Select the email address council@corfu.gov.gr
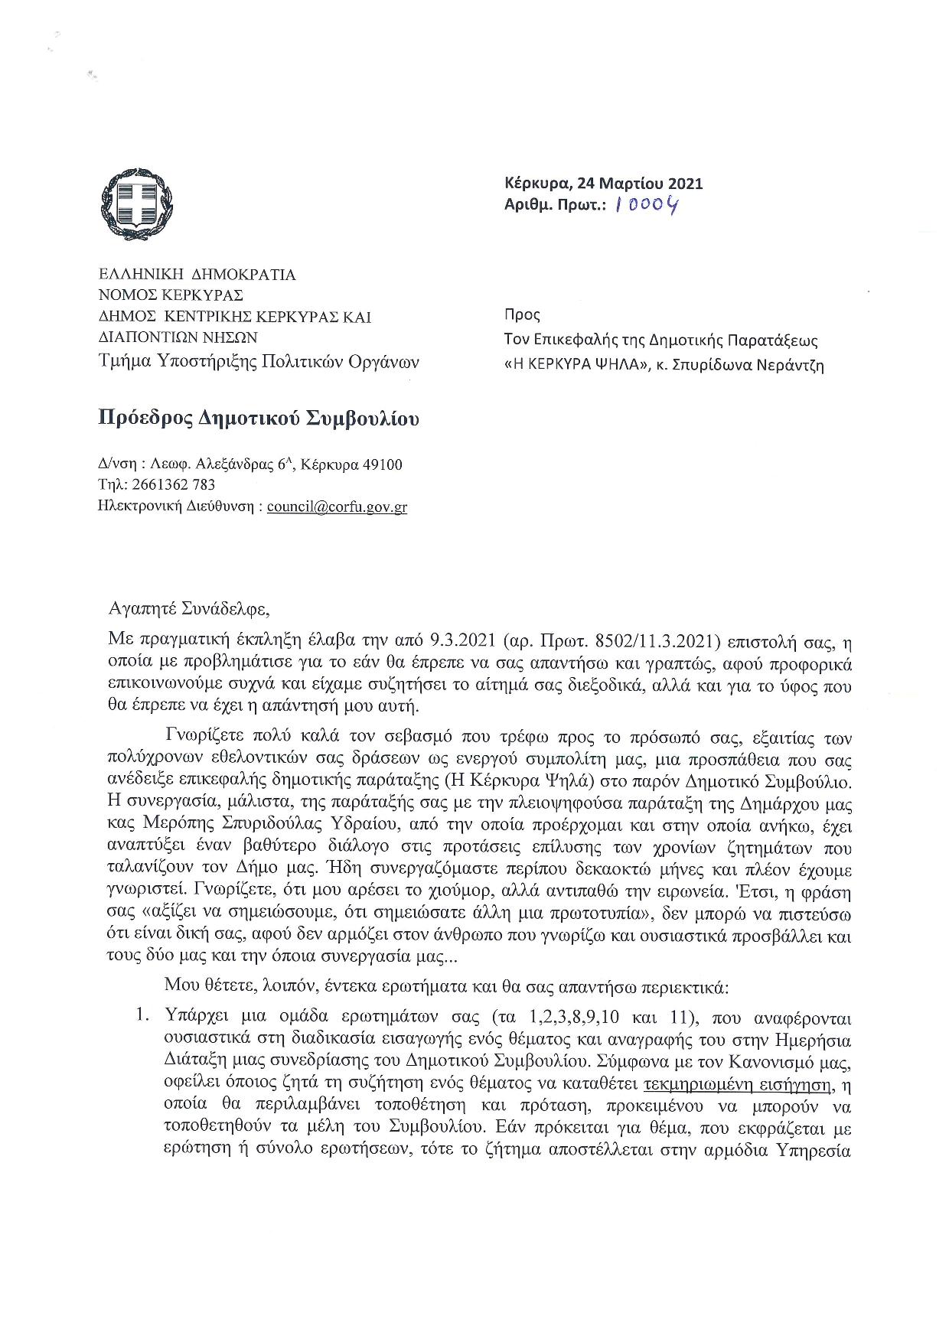(x=337, y=507)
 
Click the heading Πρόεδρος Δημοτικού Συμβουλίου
(x=259, y=419)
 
